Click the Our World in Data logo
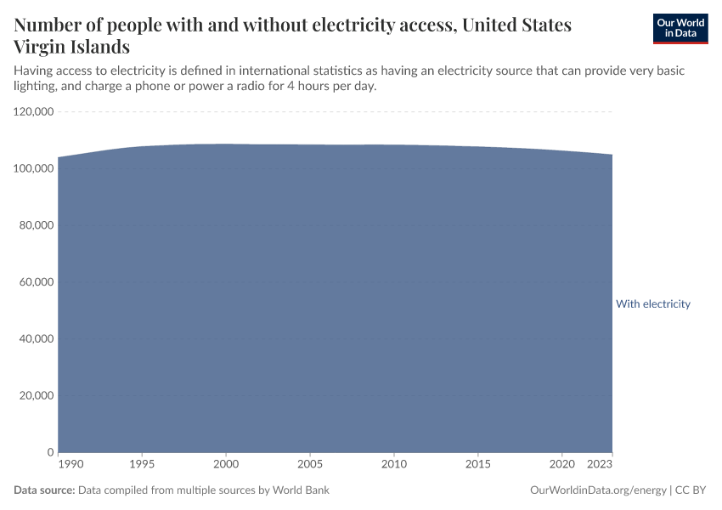[680, 28]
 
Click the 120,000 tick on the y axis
[34, 112]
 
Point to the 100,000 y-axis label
[34, 169]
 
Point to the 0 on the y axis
[51, 452]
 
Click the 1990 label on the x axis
[71, 465]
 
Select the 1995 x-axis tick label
[142, 465]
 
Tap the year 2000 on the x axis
[226, 465]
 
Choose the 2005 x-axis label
[310, 465]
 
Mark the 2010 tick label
[394, 465]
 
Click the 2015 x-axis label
[478, 465]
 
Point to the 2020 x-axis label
[561, 465]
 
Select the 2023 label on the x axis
[600, 465]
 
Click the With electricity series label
[652, 304]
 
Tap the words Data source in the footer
[45, 490]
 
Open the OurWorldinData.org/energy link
[598, 490]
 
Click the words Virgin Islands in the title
[72, 47]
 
